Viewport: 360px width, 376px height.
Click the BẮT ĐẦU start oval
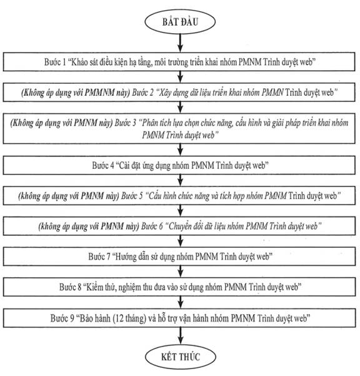click(180, 21)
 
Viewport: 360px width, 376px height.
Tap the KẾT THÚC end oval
click(181, 357)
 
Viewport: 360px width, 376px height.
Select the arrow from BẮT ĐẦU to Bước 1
click(181, 43)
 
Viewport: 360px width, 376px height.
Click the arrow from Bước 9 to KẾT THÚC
click(181, 336)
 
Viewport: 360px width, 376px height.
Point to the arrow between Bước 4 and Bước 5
click(181, 181)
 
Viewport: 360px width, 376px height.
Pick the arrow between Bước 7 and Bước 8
click(181, 272)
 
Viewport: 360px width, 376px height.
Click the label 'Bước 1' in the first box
click(55, 62)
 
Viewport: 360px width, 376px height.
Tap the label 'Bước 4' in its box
click(103, 165)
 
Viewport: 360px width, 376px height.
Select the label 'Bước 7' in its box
click(99, 257)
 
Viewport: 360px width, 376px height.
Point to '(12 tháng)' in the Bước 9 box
click(129, 318)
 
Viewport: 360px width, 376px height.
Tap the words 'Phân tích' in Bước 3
click(156, 123)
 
